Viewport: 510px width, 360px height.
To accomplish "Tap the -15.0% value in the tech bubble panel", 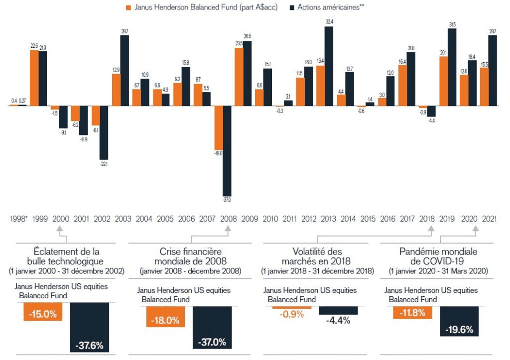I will point(43,314).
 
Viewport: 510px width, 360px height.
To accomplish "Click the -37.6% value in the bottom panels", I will point(90,346).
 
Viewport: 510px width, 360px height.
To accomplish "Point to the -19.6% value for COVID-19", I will point(459,329).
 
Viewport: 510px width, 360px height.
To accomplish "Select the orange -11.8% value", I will point(412,313).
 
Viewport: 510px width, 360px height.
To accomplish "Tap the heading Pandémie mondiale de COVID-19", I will point(438,256).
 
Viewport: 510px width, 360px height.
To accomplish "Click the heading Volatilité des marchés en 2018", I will point(318,256).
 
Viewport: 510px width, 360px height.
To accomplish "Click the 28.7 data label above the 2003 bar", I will point(125,31).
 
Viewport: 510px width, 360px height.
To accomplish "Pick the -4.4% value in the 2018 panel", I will point(338,320).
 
